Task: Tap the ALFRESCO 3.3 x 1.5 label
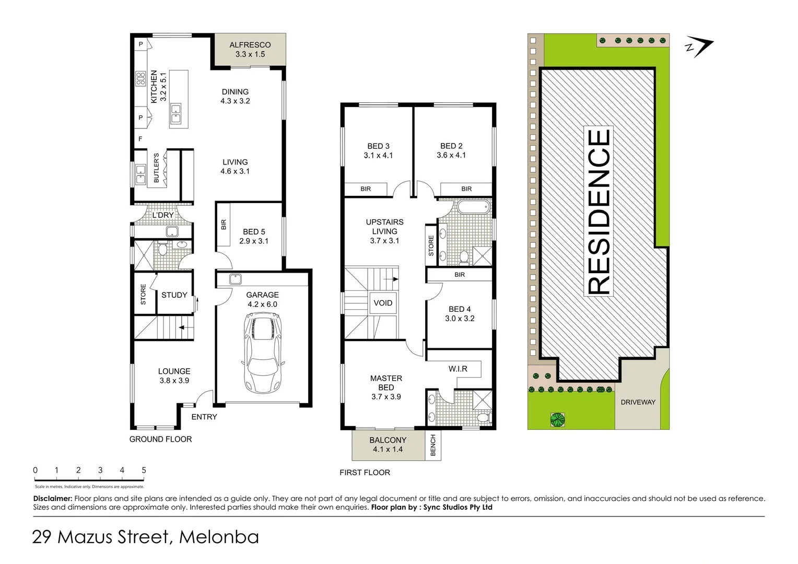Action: coord(250,50)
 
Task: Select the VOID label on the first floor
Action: coord(383,303)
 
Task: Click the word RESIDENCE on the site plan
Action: coord(599,211)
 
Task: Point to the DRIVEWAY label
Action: coord(638,402)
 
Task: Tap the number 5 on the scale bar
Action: coord(144,470)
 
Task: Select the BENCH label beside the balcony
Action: coord(433,445)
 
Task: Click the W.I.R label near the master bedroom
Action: coord(457,369)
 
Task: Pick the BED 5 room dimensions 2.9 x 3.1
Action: coord(254,241)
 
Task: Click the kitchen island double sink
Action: coord(176,114)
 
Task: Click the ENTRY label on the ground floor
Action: coord(204,417)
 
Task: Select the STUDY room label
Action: coord(174,295)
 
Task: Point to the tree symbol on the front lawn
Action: coord(558,419)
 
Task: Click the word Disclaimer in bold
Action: coord(52,499)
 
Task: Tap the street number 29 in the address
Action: coord(42,537)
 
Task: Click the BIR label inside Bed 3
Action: coord(366,189)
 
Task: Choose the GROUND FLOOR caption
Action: coord(160,439)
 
